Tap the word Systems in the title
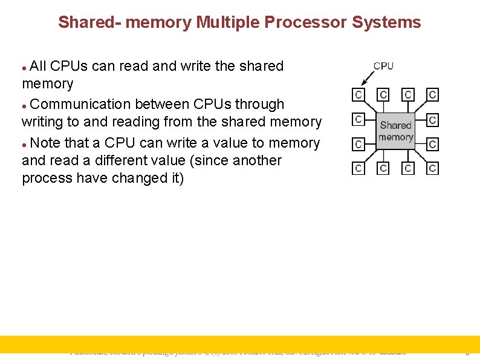pos(386,23)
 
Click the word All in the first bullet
pos(38,66)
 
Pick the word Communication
pos(81,104)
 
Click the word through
pos(258,104)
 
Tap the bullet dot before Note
pos(24,144)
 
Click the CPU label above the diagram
pos(383,66)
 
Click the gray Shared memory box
pos(395,131)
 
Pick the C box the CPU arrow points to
pos(358,95)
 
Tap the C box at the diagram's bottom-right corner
pos(433,168)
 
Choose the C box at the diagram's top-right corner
pos(433,95)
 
